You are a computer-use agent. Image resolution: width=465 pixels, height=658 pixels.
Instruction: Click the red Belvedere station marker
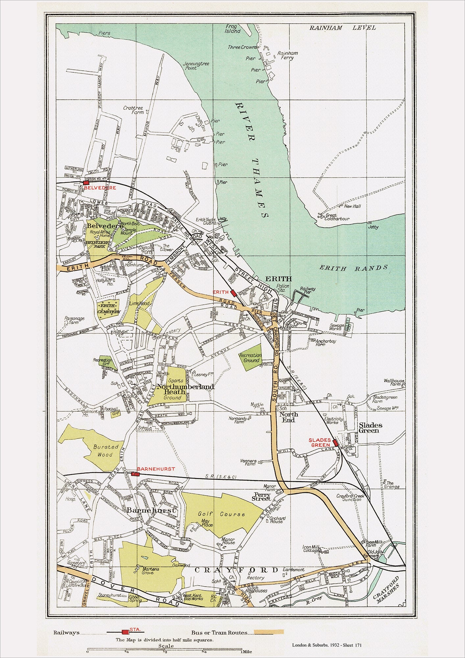86,182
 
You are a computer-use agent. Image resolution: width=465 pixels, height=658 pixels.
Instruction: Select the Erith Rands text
354,268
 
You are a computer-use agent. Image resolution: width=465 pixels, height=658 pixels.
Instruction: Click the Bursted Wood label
105,451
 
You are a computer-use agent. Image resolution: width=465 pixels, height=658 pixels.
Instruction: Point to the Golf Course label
221,514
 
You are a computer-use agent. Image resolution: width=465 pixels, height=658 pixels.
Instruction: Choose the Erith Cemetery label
109,309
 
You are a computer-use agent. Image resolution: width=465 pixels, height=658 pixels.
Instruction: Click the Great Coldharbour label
337,217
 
